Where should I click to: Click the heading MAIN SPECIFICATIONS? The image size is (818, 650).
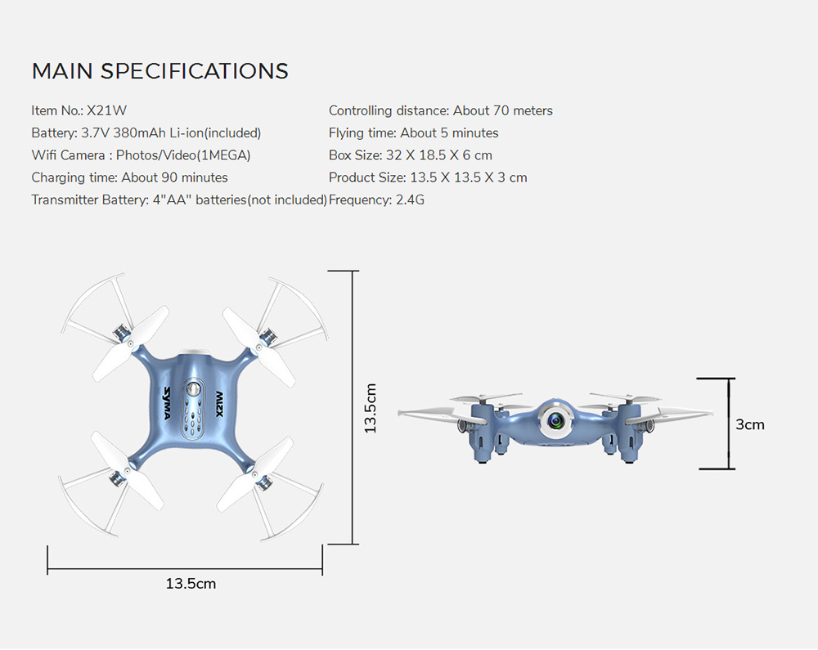160,71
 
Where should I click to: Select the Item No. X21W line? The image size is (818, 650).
79,110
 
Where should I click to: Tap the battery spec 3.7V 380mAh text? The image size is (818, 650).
146,132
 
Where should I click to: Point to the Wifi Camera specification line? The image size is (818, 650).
141,155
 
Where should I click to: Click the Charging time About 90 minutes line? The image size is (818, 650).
129,177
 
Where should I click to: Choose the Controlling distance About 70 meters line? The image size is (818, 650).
440,110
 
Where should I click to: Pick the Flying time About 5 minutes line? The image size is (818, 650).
413,132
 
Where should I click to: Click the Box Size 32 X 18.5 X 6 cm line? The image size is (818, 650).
410,155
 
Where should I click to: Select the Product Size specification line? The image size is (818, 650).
427,177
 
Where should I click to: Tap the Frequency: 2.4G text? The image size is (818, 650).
376,199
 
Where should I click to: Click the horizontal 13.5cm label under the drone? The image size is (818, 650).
191,584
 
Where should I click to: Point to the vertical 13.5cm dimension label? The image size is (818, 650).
371,407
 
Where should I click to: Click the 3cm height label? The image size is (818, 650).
749,424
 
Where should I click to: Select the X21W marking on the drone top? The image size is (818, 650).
218,402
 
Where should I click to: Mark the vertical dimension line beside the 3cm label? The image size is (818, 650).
729,424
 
